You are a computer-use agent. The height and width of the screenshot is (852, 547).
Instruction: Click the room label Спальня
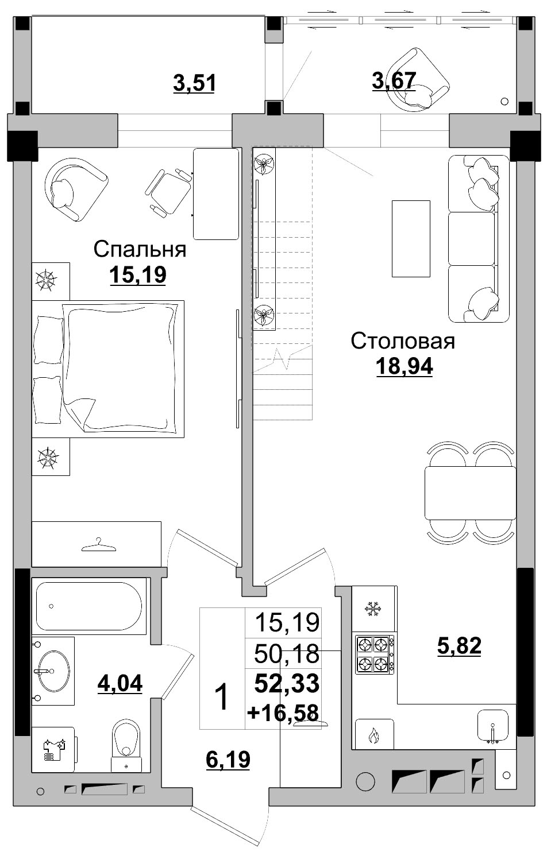point(140,249)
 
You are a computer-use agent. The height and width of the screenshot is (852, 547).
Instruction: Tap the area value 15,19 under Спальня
point(138,275)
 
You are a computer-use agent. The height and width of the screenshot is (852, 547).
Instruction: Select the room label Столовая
point(403,340)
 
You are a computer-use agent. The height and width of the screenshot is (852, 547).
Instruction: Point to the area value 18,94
point(404,366)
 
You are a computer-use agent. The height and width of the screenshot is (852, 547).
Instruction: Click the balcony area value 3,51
point(194,83)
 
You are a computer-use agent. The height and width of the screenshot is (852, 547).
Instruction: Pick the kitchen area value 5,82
point(459,646)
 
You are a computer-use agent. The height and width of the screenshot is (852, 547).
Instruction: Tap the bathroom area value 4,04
point(120,683)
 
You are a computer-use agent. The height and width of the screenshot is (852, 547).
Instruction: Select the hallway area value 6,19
point(228,760)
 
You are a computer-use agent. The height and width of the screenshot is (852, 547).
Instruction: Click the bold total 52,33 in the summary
point(287,683)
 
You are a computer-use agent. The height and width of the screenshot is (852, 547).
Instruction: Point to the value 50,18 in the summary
point(287,653)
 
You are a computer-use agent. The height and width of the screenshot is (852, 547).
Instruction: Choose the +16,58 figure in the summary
point(283,712)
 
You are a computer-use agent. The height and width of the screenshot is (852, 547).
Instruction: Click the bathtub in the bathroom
point(89,606)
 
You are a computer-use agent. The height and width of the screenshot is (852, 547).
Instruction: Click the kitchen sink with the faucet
point(493,726)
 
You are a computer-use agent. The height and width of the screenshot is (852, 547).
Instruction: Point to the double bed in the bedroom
point(108,369)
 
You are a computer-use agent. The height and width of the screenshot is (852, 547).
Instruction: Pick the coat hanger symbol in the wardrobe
point(98,544)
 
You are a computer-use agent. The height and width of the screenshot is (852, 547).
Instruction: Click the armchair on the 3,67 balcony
point(417,80)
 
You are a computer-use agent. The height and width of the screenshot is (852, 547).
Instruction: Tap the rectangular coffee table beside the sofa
point(411,238)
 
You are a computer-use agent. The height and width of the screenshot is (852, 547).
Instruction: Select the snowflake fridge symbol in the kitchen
point(373,609)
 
